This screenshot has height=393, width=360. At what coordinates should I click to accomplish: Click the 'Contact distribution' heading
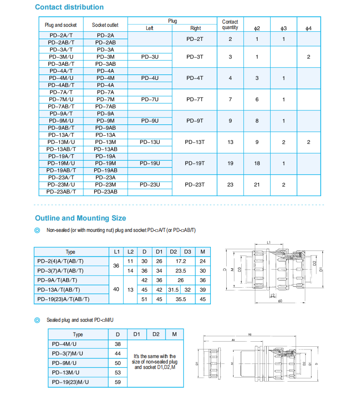69,7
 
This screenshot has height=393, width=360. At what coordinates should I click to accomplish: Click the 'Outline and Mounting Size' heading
80,218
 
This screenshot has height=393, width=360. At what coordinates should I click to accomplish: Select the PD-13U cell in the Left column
150,142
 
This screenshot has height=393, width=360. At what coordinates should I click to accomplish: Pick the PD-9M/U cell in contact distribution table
61,121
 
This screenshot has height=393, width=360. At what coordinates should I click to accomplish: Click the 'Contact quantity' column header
230,25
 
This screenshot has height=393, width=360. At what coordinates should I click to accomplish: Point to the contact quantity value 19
230,163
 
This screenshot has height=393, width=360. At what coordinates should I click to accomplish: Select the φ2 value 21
257,185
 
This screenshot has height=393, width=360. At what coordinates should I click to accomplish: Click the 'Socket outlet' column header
105,25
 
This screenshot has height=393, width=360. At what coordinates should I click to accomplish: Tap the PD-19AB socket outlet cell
105,170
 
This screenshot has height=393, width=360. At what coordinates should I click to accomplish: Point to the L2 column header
130,251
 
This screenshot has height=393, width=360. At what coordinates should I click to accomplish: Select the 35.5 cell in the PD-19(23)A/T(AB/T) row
180,299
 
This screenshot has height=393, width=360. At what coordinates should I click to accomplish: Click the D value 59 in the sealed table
118,382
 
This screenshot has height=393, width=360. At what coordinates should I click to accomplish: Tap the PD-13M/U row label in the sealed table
70,373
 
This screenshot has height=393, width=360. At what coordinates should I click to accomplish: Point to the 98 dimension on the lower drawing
249,335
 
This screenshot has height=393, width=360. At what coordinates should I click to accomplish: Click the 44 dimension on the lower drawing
232,340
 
